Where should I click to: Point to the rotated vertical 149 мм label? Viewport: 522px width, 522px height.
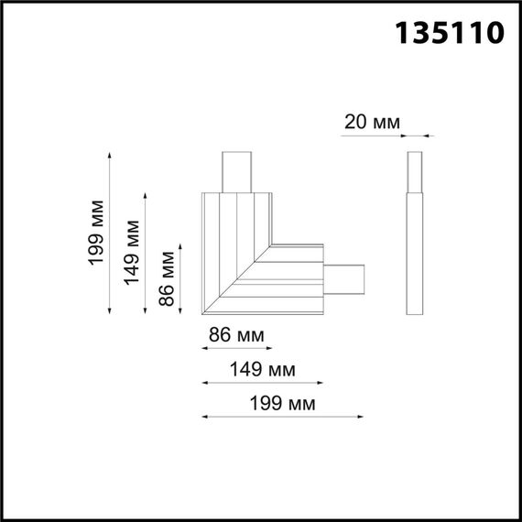point(133,253)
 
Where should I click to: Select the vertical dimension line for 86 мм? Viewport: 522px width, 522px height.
point(181,279)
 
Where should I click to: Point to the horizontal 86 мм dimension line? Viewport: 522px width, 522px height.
point(236,348)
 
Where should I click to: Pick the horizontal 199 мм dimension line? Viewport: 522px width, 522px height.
point(283,417)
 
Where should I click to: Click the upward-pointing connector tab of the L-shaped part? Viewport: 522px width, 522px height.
point(237,171)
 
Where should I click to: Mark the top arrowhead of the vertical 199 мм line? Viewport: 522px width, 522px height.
point(111,155)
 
